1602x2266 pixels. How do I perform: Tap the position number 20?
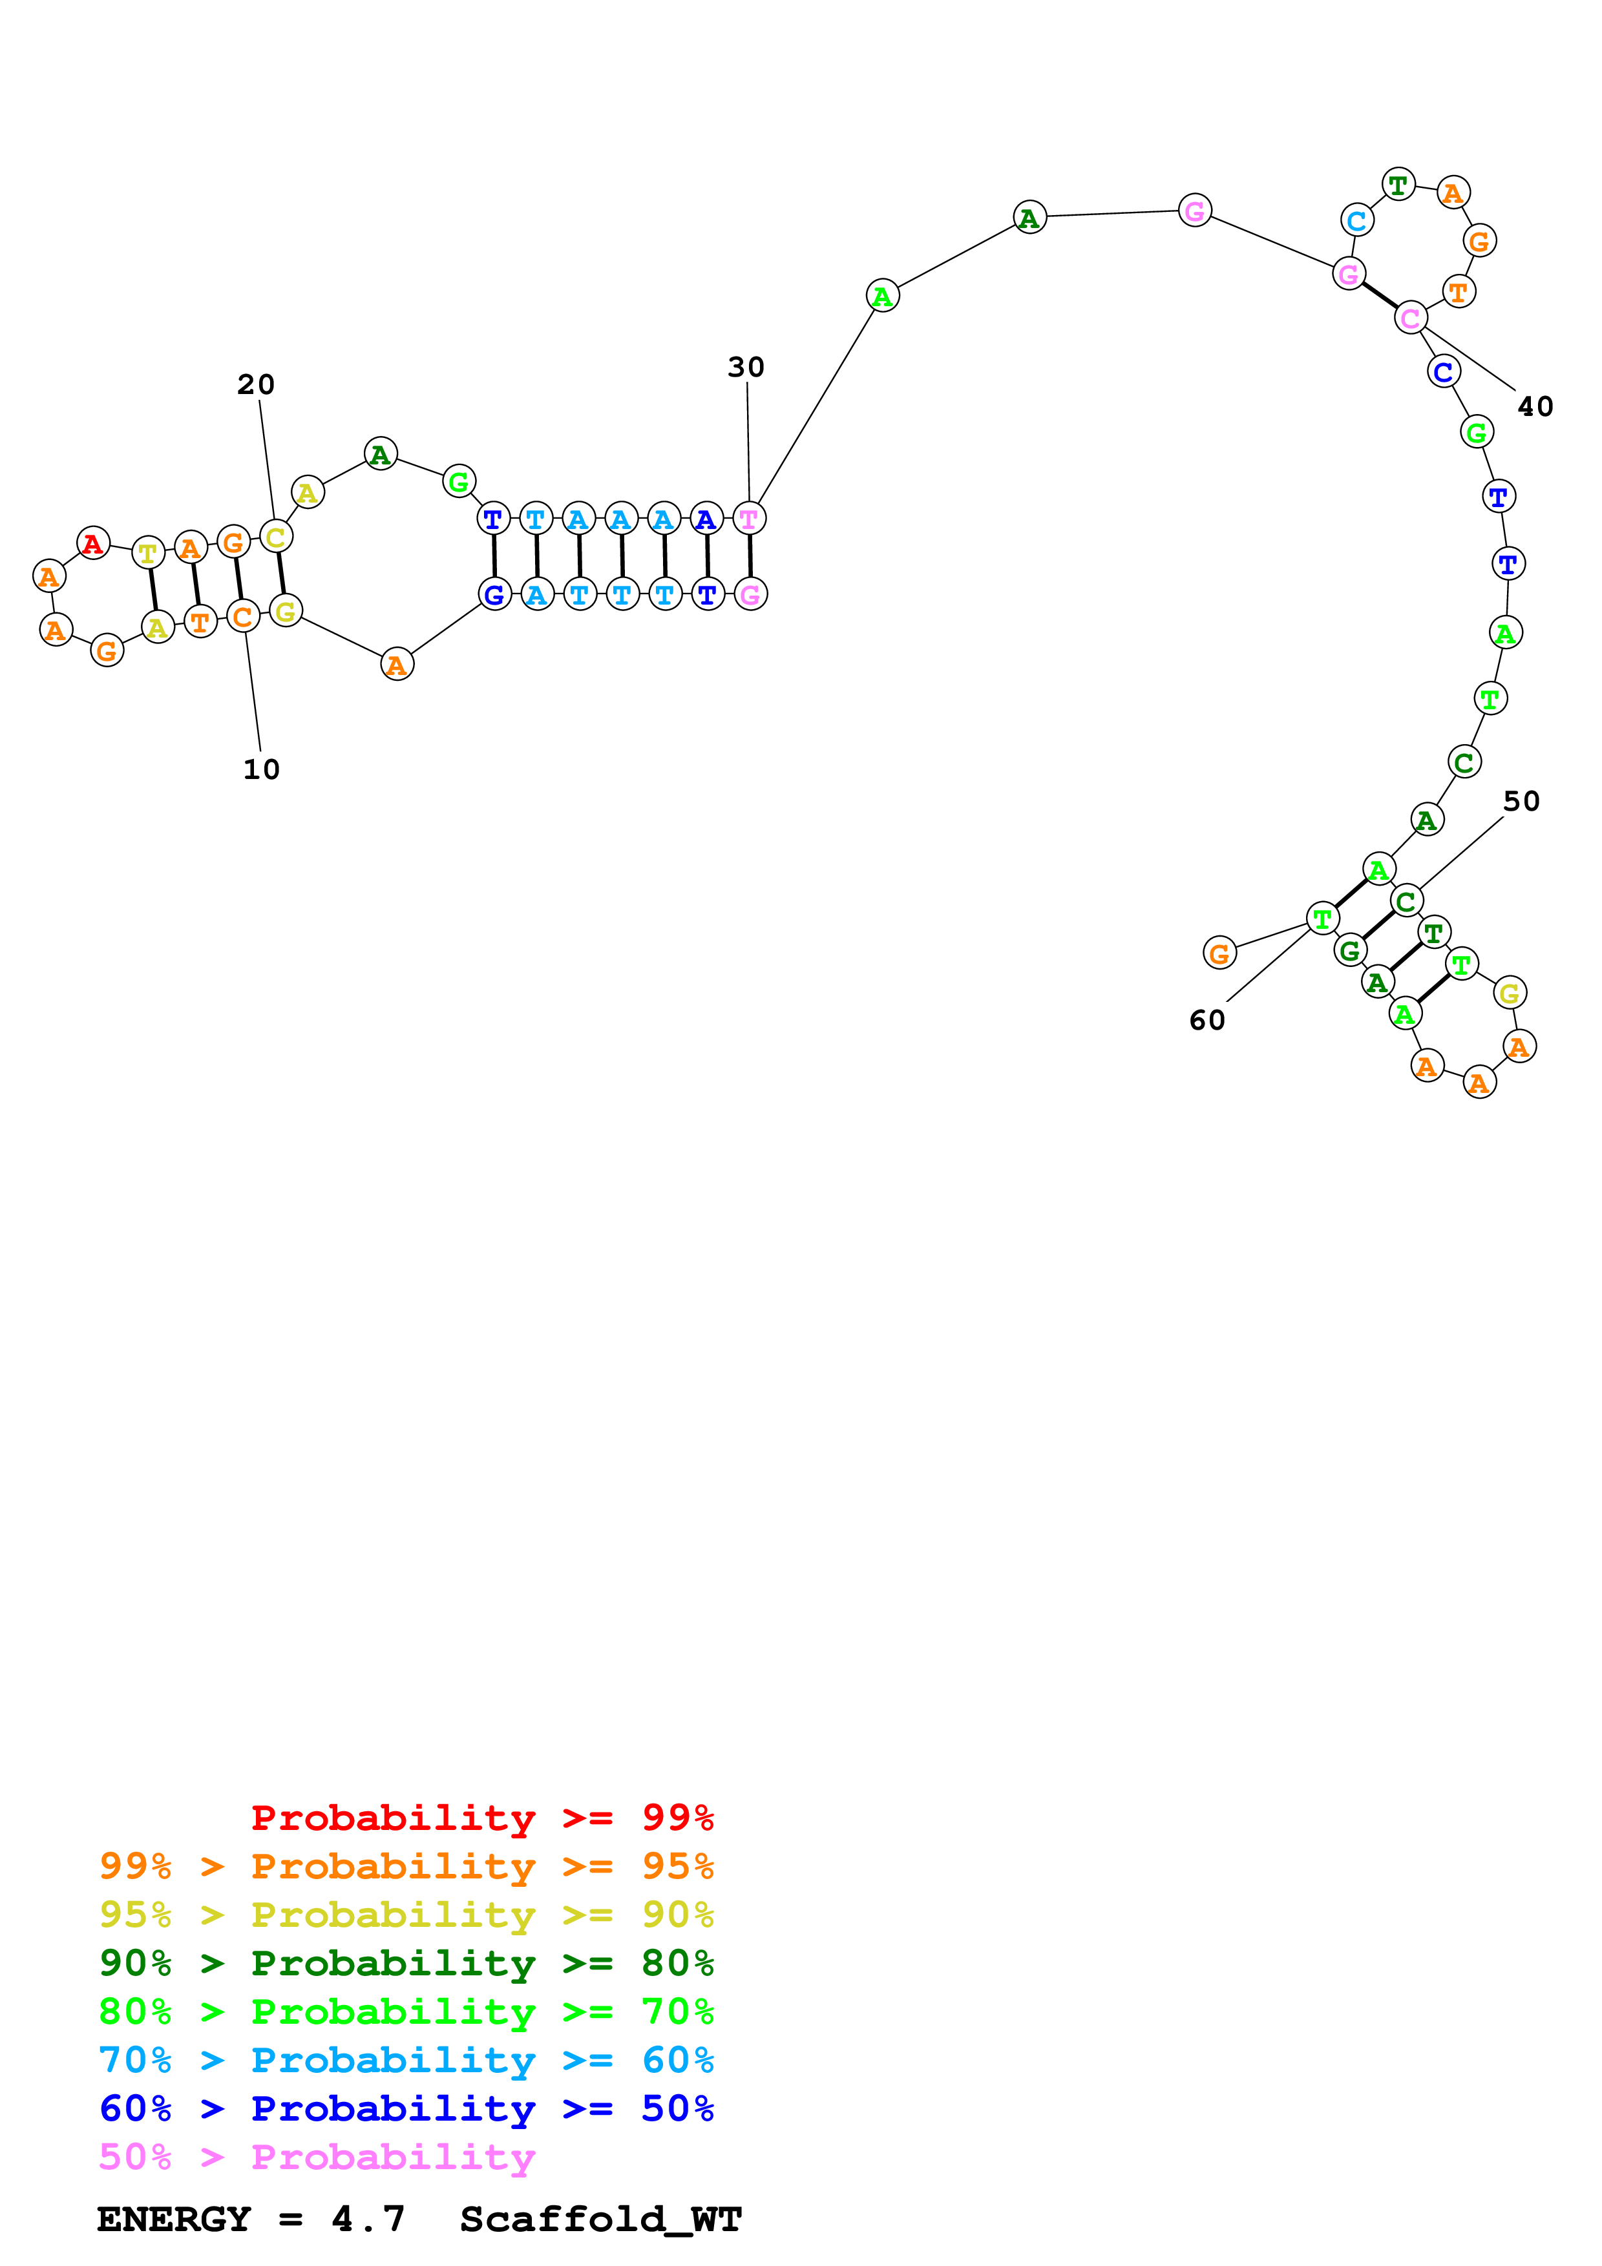click(x=256, y=385)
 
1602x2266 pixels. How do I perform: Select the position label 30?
click(x=746, y=367)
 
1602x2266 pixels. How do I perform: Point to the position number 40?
click(x=1535, y=406)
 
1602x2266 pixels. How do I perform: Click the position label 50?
click(x=1521, y=802)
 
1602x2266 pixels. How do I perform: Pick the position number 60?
click(x=1207, y=1021)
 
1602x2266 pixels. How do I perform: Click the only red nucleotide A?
click(x=93, y=543)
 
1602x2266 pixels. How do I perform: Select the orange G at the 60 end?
click(x=1220, y=953)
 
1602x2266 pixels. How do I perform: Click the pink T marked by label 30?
click(x=749, y=518)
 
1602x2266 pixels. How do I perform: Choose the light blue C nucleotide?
click(x=1357, y=221)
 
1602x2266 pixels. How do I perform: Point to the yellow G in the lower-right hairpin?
click(x=1509, y=993)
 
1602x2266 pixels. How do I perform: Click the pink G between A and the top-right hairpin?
click(x=1194, y=210)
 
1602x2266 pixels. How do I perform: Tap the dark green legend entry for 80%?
click(x=406, y=1963)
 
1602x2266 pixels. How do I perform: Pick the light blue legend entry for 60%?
click(x=406, y=2060)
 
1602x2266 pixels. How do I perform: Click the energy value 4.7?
click(x=368, y=2219)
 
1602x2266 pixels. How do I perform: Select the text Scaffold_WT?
click(x=600, y=2219)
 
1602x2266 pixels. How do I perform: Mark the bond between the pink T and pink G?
click(x=750, y=556)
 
